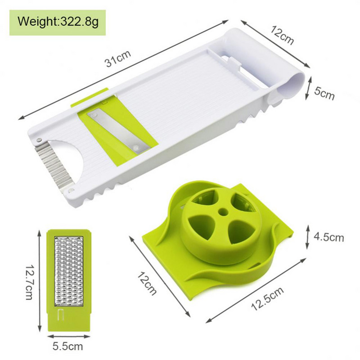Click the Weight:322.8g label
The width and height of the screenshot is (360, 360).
[x=58, y=22]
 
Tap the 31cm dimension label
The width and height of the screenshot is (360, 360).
[x=117, y=58]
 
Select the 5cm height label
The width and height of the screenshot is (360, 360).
[x=324, y=93]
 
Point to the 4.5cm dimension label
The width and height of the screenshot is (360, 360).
[x=329, y=237]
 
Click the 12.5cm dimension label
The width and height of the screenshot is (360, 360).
[x=267, y=298]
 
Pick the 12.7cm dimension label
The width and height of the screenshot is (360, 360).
[x=30, y=283]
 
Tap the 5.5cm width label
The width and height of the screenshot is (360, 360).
[x=68, y=346]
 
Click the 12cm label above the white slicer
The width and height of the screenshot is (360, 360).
[x=282, y=36]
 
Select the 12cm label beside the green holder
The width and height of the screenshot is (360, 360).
[x=147, y=283]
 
